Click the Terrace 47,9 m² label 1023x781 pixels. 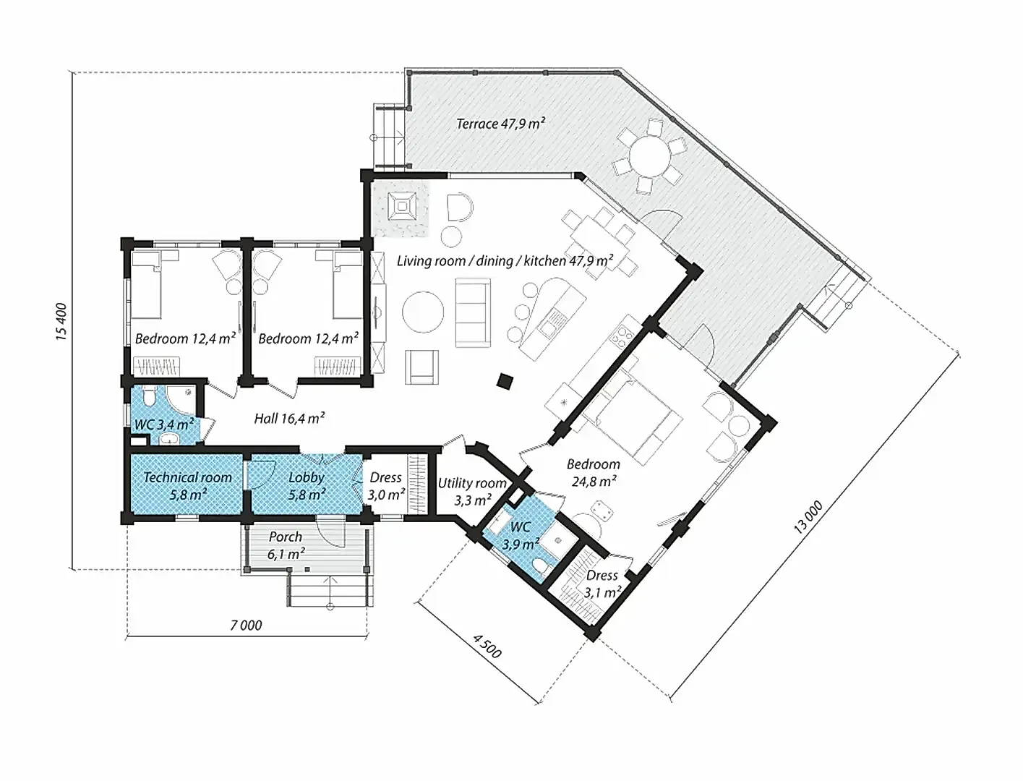click(501, 124)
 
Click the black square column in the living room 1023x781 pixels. click(505, 381)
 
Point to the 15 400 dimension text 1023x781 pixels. click(62, 322)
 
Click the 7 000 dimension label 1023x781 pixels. click(246, 625)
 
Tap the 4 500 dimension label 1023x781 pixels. click(487, 646)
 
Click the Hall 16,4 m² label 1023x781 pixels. click(289, 419)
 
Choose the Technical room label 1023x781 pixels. click(187, 477)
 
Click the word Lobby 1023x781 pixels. click(307, 478)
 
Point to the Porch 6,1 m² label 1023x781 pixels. click(286, 545)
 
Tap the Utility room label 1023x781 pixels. click(472, 483)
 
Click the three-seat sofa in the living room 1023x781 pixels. click(473, 312)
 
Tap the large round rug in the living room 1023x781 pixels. click(423, 312)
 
